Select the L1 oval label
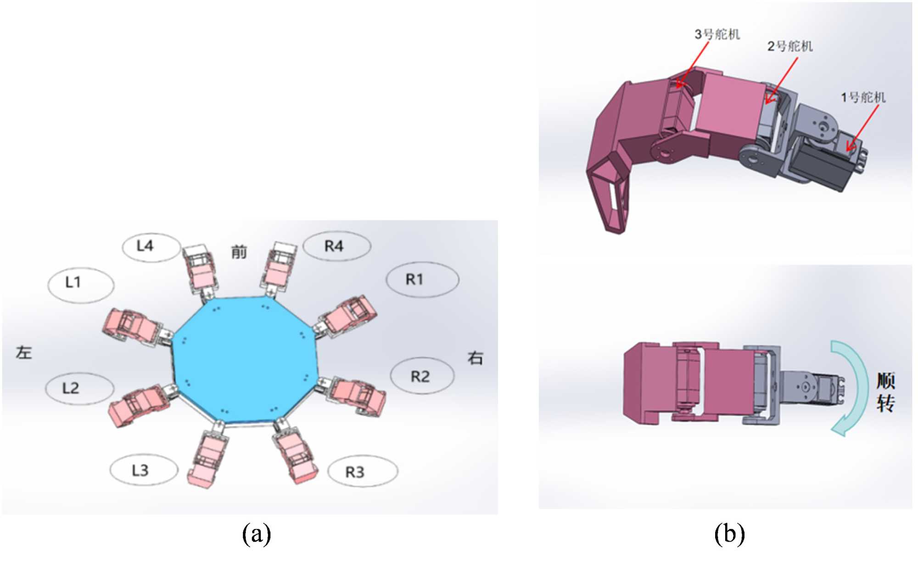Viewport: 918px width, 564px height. (81, 285)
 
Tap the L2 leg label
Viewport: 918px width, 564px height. (79, 389)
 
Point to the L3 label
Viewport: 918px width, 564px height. (144, 470)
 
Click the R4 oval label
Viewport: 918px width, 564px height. (337, 246)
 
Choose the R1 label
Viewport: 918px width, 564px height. (422, 279)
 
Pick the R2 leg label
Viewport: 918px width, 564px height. (422, 376)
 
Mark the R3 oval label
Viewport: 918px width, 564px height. (363, 471)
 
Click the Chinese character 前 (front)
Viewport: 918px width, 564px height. (239, 251)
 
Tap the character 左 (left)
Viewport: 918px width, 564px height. (24, 352)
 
